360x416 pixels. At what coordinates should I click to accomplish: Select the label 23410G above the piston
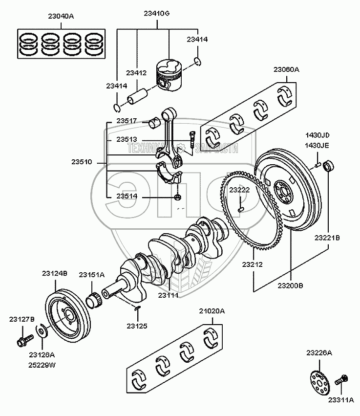(156, 14)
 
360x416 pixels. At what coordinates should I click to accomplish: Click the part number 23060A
(286, 69)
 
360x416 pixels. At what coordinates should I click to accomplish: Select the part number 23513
(127, 139)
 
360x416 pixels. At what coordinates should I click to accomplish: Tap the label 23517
(127, 121)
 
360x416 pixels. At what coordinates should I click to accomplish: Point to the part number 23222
(240, 189)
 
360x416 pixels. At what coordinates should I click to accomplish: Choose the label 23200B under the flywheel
(291, 285)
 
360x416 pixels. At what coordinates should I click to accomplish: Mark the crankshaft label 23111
(168, 295)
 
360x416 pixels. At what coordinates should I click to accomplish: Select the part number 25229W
(42, 365)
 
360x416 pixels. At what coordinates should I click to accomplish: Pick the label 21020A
(212, 311)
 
